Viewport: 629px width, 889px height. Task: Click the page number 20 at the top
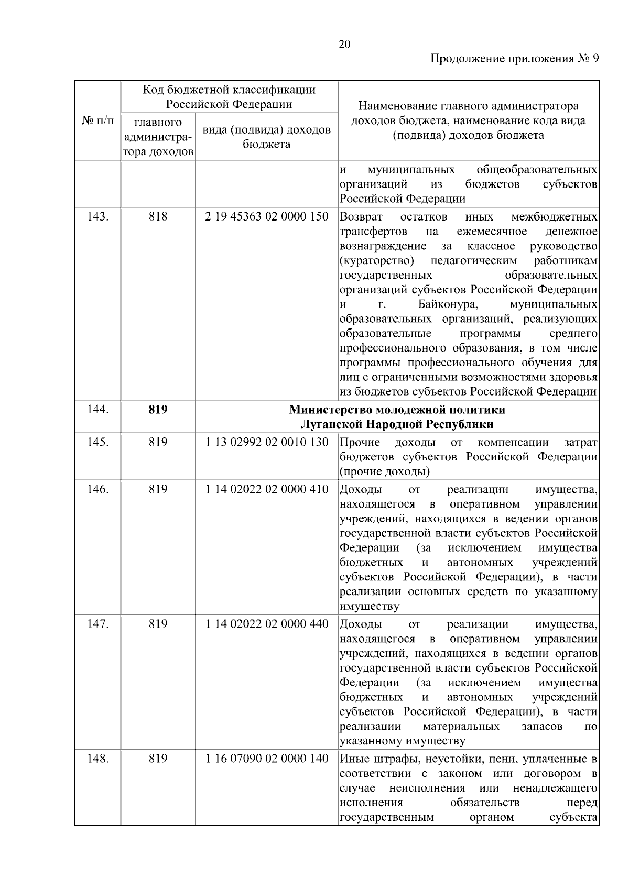(x=344, y=44)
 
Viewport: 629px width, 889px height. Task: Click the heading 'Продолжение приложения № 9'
(x=514, y=59)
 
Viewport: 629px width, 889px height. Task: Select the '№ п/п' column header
(x=97, y=121)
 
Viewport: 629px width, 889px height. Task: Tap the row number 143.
(x=97, y=217)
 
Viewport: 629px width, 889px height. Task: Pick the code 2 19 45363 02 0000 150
(x=266, y=217)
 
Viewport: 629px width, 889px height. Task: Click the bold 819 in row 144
(x=158, y=409)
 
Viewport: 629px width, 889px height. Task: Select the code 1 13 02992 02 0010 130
(x=266, y=442)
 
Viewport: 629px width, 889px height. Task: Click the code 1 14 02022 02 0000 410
(x=266, y=489)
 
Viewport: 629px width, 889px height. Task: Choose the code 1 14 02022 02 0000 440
(x=266, y=624)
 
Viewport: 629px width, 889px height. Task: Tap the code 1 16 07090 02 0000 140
(x=266, y=759)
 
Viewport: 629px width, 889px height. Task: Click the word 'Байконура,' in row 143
(x=448, y=305)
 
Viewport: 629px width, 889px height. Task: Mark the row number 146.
(x=97, y=489)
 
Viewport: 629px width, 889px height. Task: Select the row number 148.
(x=97, y=759)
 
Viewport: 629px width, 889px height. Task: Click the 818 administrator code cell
(x=158, y=217)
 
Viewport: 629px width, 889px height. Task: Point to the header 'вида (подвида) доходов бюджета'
(x=266, y=137)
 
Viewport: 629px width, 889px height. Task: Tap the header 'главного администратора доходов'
(x=158, y=137)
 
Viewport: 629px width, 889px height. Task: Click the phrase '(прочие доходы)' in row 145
(x=385, y=471)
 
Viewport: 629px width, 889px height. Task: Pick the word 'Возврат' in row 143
(x=361, y=217)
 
